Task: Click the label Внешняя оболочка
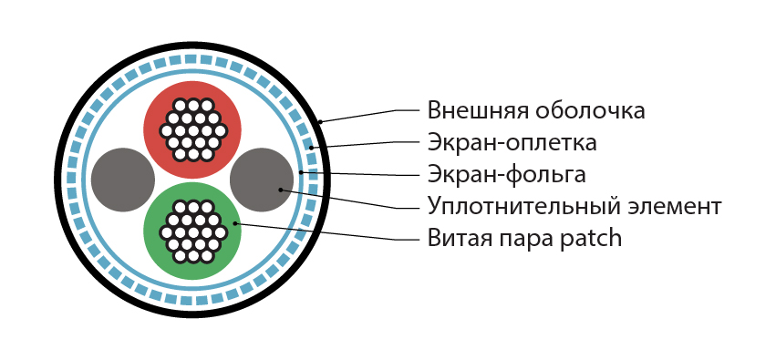coord(536,110)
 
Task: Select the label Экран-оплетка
coord(512,142)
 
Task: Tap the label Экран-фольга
coord(506,173)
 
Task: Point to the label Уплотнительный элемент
coord(574,206)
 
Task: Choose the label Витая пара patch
coord(524,239)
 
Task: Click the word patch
coord(590,239)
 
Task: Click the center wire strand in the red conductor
coord(192,129)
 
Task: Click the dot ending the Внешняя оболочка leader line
coord(320,121)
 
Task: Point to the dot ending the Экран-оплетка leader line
coord(311,147)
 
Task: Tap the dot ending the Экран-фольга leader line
coord(301,171)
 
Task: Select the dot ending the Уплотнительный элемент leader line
coord(281,190)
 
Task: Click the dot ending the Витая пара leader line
coord(235,222)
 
